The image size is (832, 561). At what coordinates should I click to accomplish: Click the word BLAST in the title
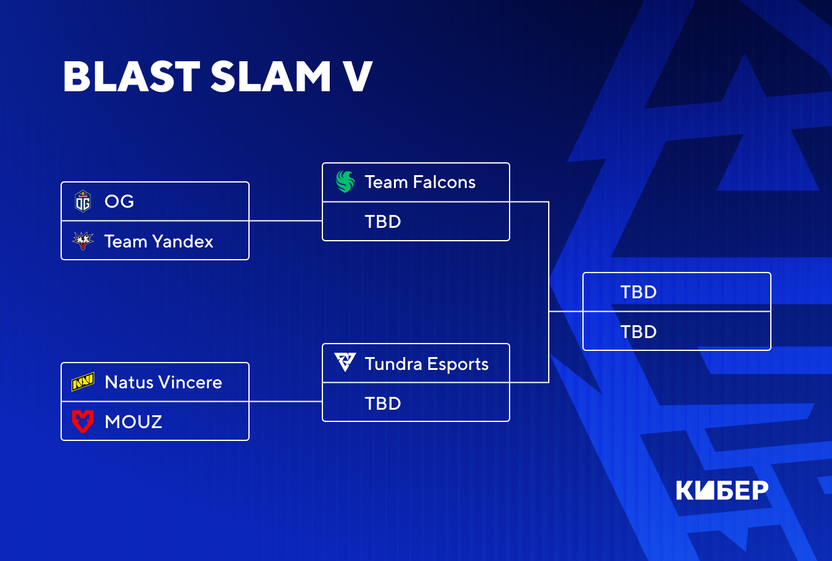(132, 77)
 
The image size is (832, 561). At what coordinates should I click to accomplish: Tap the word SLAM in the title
(271, 77)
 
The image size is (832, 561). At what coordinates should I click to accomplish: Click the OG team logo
(83, 201)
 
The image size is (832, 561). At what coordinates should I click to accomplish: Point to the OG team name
(119, 201)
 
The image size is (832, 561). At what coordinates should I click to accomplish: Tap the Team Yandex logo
(83, 241)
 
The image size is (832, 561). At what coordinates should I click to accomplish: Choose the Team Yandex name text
(158, 241)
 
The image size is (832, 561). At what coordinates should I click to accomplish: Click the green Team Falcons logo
(345, 182)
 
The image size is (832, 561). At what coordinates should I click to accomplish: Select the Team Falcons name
(420, 182)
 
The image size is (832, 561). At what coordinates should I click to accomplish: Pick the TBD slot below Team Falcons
(383, 222)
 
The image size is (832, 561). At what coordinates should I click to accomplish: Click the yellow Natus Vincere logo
(83, 382)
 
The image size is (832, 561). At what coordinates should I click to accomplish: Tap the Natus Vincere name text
(163, 382)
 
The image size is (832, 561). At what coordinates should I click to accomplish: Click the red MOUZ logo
(83, 421)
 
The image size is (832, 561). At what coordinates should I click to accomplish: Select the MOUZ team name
(133, 422)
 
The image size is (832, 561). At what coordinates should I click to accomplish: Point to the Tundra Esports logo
(345, 363)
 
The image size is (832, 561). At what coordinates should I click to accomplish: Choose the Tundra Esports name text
(426, 364)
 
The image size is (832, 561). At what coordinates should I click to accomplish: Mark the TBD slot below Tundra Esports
(383, 404)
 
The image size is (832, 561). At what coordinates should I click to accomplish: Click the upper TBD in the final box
(639, 292)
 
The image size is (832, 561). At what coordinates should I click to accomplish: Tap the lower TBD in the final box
(639, 332)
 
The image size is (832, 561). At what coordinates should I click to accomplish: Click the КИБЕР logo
(722, 490)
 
